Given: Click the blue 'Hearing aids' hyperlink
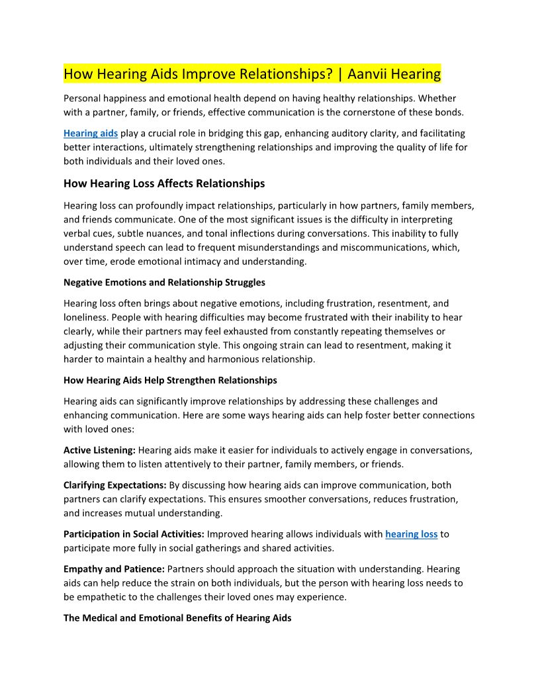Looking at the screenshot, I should (91, 134).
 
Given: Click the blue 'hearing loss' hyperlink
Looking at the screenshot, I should (411, 534).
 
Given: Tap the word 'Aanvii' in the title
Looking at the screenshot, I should (370, 73).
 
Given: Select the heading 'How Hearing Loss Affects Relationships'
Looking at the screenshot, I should (164, 183).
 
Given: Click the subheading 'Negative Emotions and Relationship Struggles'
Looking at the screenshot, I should (164, 283).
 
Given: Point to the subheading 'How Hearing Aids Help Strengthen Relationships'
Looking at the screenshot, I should (170, 381).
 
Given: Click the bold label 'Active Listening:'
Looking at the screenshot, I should (99, 451).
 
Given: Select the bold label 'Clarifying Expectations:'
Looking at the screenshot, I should (115, 486).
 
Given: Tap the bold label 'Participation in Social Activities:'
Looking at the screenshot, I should (134, 534).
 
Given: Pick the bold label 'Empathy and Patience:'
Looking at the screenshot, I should (114, 569).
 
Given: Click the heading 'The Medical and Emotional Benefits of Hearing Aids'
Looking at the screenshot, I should (177, 618).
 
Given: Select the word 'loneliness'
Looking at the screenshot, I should (85, 318).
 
